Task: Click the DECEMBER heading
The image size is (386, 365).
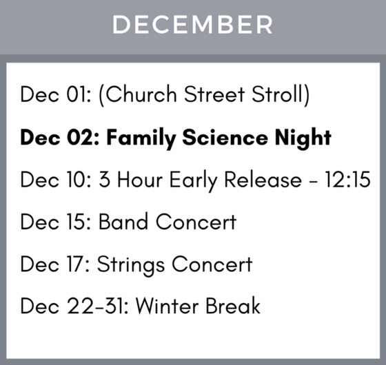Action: coord(192,25)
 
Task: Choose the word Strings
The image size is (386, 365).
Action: coord(134,264)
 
